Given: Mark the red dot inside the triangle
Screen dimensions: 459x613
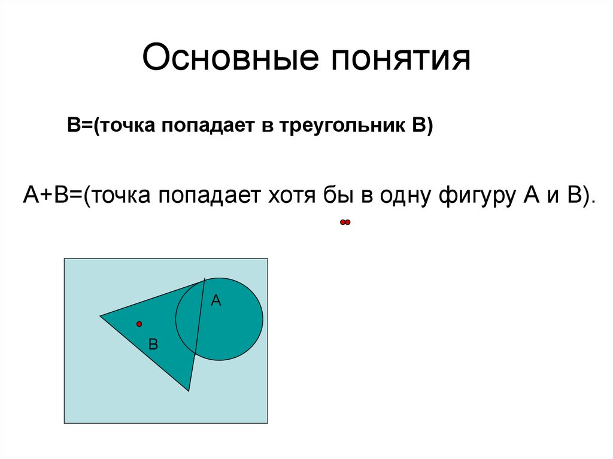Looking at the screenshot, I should point(139,324).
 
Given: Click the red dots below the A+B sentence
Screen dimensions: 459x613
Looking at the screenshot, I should point(344,223).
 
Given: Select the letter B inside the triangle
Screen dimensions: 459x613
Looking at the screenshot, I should point(153,344).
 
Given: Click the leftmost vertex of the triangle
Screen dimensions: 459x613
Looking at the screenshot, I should point(101,315).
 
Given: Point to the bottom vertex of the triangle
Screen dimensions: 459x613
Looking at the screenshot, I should point(189,390).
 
